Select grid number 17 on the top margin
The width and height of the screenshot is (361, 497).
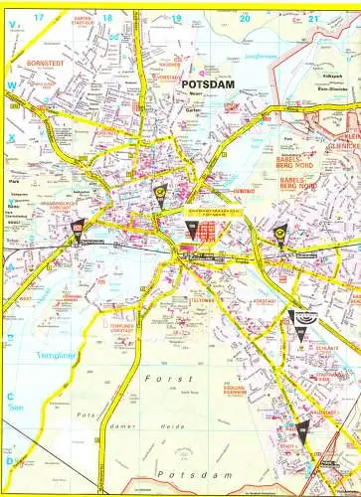tap(38, 19)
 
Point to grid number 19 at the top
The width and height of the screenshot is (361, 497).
tap(176, 19)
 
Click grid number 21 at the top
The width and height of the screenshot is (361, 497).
tap(314, 19)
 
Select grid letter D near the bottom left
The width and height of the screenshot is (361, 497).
tap(10, 460)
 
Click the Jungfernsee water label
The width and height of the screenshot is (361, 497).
tap(258, 57)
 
